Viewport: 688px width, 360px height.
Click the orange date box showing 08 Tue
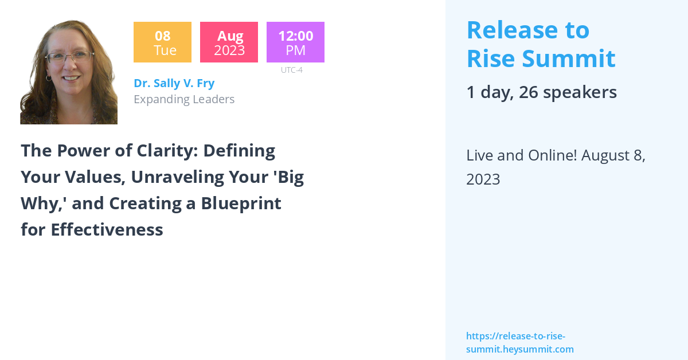[162, 42]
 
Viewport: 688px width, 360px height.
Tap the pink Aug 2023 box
[229, 42]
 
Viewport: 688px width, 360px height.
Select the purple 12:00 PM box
[295, 42]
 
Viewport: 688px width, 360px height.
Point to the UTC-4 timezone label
[291, 71]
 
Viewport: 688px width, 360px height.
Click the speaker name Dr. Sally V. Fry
[174, 83]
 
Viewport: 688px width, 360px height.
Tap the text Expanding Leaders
[184, 99]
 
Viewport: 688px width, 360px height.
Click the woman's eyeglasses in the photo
[70, 57]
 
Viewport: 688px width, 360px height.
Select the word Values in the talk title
[92, 177]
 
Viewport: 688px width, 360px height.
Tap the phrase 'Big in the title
[286, 177]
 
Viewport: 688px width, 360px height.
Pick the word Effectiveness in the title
[107, 230]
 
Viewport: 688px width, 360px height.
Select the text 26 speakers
[568, 92]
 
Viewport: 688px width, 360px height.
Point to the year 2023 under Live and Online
[483, 179]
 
